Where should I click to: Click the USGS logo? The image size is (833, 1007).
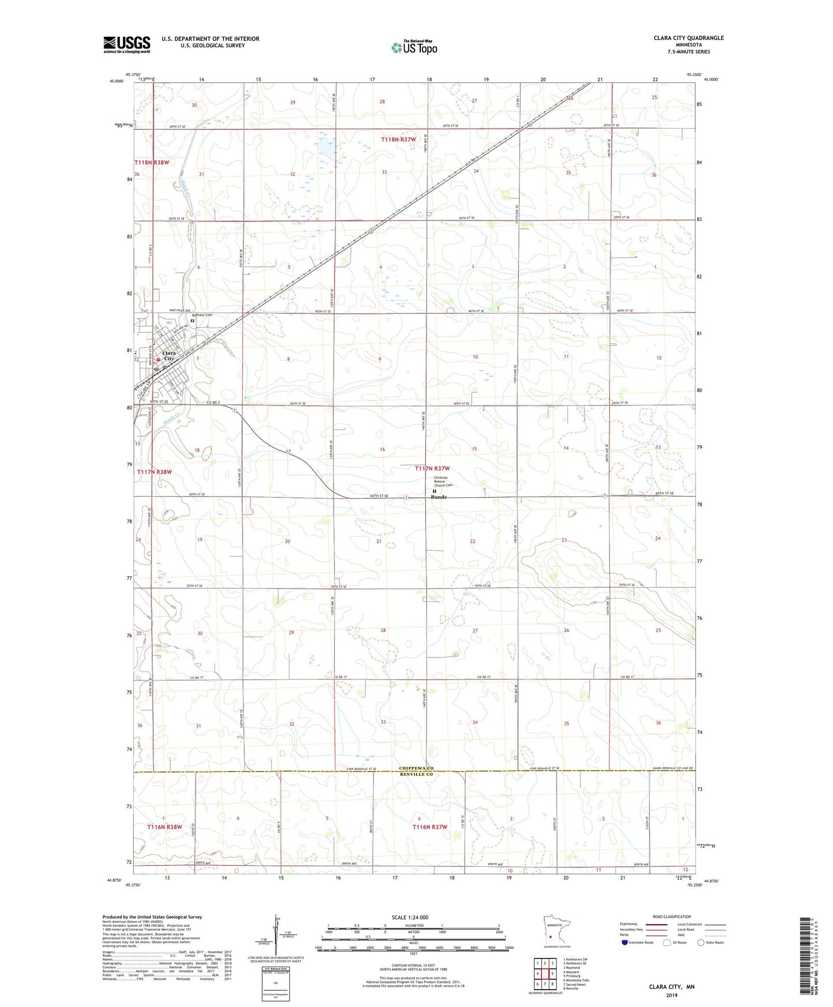pos(127,44)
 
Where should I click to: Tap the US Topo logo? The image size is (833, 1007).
pos(413,47)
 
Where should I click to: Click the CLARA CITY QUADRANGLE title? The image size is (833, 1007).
pos(688,38)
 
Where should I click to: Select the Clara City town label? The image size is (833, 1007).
pos(169,356)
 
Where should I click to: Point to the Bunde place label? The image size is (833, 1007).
pos(439,497)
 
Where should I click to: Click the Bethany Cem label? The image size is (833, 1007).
pos(202,315)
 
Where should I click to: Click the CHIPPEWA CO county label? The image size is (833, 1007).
pos(416,768)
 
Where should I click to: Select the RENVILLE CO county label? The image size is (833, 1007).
pos(416,775)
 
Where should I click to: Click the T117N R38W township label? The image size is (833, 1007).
pos(154,472)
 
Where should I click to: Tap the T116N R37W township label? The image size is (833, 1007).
pos(429,827)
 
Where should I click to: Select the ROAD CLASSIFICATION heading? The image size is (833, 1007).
pos(673,916)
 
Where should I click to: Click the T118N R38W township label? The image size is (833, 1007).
pos(152,163)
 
